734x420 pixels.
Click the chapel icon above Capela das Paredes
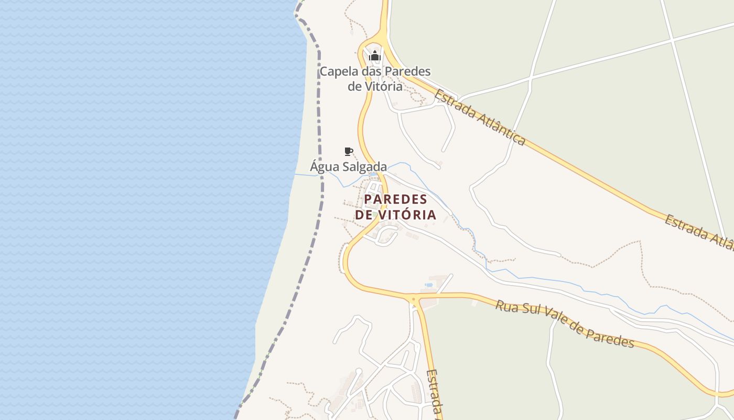(374, 56)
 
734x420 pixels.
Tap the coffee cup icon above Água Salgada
(348, 152)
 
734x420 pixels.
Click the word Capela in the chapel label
(337, 71)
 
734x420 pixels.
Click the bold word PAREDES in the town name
(396, 199)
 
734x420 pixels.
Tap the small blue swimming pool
(429, 285)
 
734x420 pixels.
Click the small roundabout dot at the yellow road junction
(414, 300)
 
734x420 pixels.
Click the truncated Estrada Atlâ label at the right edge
(700, 231)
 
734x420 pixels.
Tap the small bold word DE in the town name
(364, 215)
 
